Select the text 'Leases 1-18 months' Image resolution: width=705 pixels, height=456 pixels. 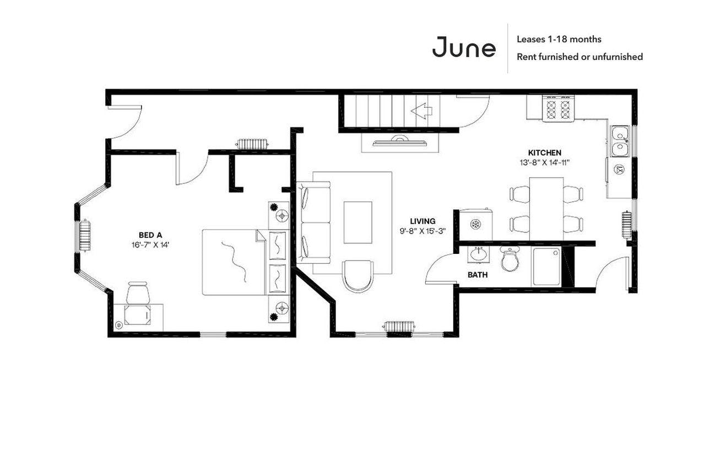558,39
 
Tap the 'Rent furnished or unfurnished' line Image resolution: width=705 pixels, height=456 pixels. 579,57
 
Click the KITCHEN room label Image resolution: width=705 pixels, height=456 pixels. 544,153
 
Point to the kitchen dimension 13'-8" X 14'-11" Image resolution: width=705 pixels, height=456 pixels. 544,162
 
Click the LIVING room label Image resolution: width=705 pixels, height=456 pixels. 422,221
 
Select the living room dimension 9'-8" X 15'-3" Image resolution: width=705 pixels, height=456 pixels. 422,231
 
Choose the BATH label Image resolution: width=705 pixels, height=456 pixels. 478,274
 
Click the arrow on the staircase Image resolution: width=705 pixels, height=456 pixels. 421,111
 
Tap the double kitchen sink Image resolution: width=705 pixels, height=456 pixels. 620,142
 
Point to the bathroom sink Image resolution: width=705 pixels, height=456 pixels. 477,255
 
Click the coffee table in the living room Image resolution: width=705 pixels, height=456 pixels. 357,222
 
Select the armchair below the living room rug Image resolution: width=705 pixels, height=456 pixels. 357,275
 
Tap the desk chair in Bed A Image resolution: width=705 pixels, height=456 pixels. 138,292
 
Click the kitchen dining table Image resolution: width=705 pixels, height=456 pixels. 546,208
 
